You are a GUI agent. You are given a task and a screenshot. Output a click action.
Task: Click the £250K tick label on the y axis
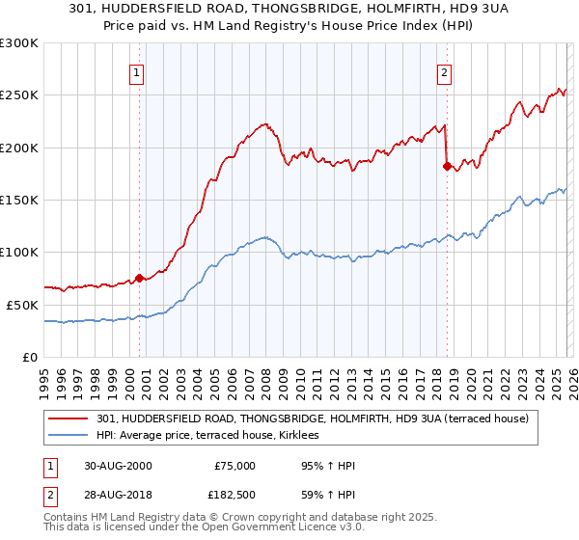click(19, 95)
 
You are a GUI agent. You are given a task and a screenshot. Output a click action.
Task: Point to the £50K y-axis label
click(22, 305)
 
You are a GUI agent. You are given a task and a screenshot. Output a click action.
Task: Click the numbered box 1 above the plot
click(137, 71)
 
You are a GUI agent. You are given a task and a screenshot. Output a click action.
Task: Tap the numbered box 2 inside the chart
click(444, 71)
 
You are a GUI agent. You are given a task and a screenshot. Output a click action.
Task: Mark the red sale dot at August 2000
click(140, 278)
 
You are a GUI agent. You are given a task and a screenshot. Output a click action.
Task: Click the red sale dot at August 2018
click(447, 166)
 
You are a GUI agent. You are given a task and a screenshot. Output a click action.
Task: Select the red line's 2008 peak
click(263, 123)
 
